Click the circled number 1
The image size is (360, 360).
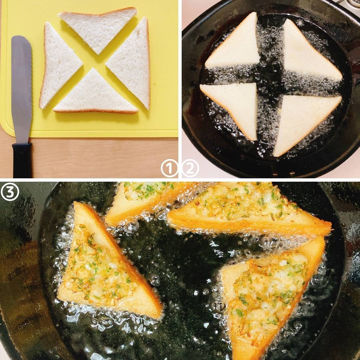pyautogui.click(x=169, y=168)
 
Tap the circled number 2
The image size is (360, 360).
pyautogui.click(x=190, y=168)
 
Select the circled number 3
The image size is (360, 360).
pyautogui.click(x=10, y=192)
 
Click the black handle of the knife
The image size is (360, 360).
pyautogui.click(x=22, y=160)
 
